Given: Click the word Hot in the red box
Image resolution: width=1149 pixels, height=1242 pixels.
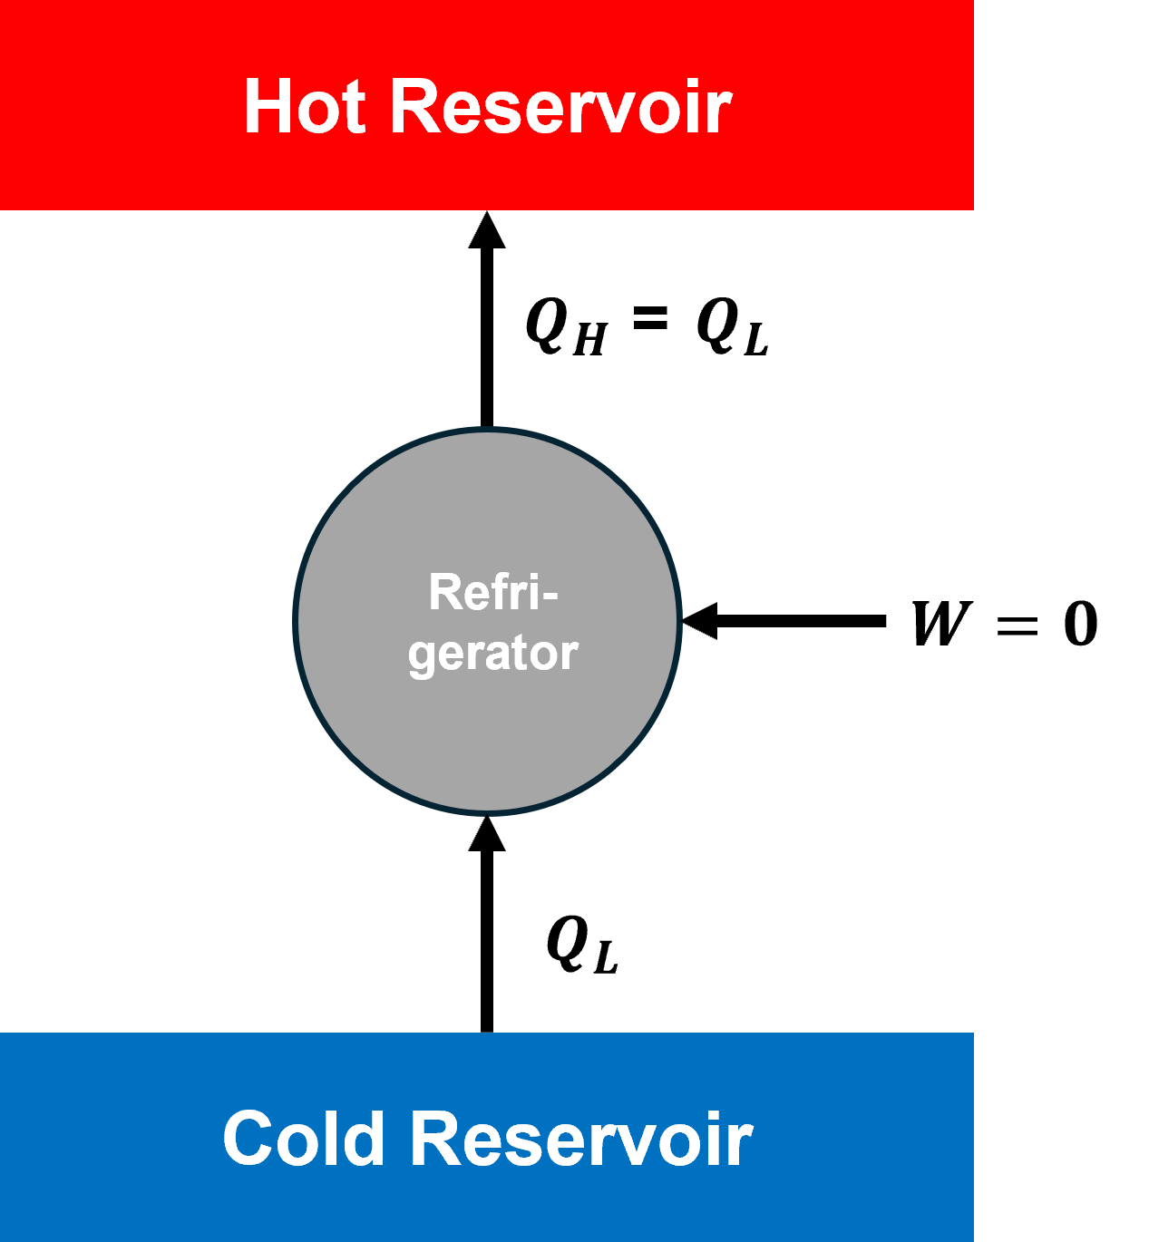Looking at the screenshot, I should click(305, 107).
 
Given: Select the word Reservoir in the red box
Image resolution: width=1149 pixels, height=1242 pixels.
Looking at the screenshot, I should click(560, 107).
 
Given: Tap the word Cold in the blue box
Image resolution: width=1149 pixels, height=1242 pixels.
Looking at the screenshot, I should click(304, 1139).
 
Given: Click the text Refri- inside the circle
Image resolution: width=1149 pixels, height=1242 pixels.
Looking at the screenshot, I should click(492, 593).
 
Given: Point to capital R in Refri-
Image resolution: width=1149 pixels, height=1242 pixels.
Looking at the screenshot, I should click(445, 593).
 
